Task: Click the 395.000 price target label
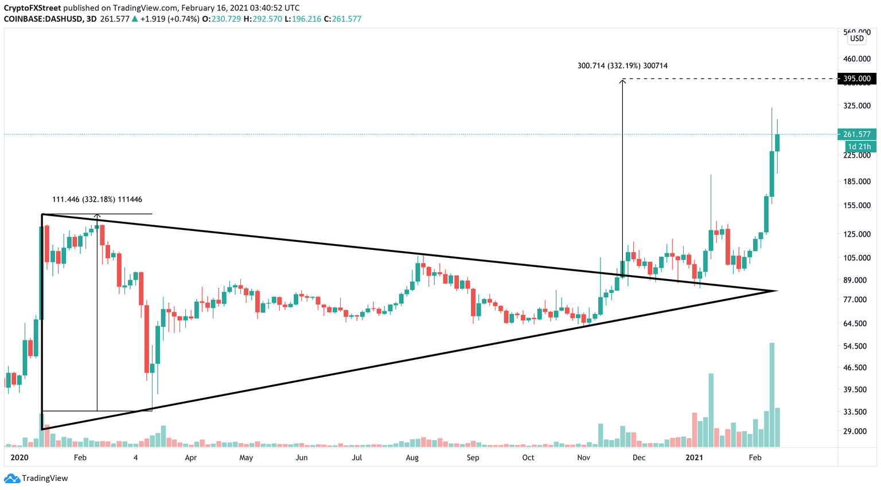tap(857, 79)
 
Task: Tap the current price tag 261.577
tap(857, 134)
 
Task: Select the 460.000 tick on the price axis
tap(857, 58)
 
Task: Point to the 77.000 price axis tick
tap(857, 299)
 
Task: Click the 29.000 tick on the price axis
tap(857, 431)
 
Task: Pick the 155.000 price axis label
tap(857, 205)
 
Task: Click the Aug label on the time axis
tap(412, 457)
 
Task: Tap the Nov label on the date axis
tap(583, 457)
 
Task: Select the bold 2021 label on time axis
tap(694, 457)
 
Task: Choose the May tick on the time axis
tap(246, 457)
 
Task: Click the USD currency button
tap(856, 38)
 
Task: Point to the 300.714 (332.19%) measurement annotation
tap(622, 66)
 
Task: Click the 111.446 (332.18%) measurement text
tap(97, 199)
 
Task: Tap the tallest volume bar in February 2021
tap(772, 394)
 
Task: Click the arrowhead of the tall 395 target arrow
tap(622, 81)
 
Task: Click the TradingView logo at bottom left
tap(37, 478)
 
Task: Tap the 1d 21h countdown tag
tap(859, 147)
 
